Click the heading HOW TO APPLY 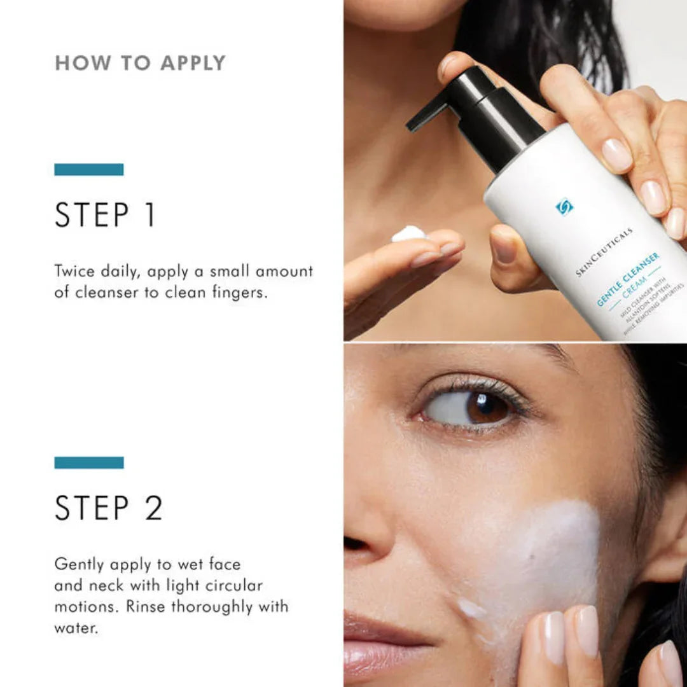[x=140, y=63]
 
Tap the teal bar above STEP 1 [x=89, y=170]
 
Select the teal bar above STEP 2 [x=89, y=462]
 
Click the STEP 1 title [x=105, y=216]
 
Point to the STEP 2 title [x=109, y=508]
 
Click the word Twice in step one [x=74, y=272]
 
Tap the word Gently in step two [x=80, y=564]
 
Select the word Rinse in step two [x=146, y=606]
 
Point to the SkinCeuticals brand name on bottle [x=604, y=252]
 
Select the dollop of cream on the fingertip [x=408, y=233]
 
